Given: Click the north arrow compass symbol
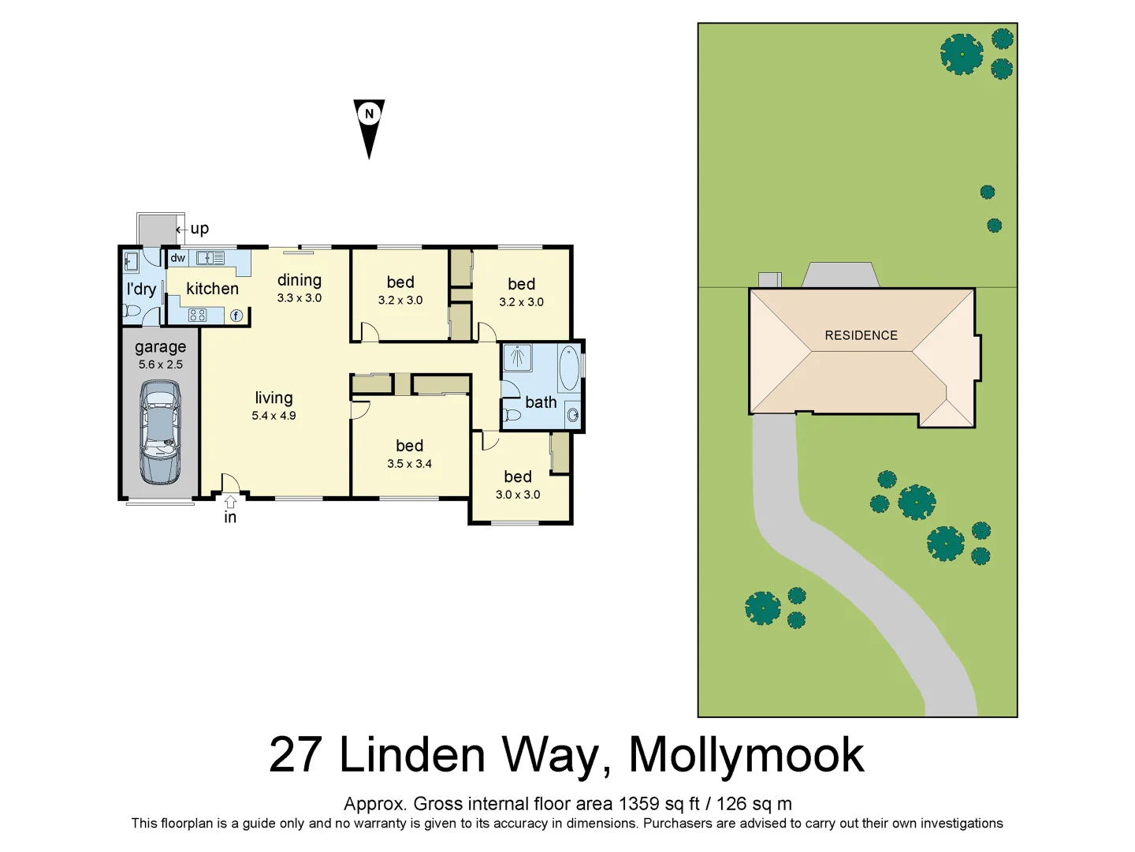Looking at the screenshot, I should pyautogui.click(x=369, y=126).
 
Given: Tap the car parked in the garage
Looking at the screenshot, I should pyautogui.click(x=160, y=432).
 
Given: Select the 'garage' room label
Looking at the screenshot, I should pyautogui.click(x=160, y=347).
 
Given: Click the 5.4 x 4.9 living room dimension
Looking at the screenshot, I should pyautogui.click(x=274, y=416).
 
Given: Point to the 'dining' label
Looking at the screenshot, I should pyautogui.click(x=299, y=280).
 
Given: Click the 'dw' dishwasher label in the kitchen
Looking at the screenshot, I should pyautogui.click(x=178, y=258).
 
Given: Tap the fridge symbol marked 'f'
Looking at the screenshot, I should pyautogui.click(x=236, y=316).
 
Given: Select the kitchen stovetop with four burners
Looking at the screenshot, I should pyautogui.click(x=197, y=316).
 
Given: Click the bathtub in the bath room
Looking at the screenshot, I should pyautogui.click(x=568, y=368).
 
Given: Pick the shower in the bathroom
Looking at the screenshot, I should pyautogui.click(x=517, y=357).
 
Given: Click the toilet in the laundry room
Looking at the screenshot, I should pyautogui.click(x=132, y=311).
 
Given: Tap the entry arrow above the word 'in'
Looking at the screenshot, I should pyautogui.click(x=230, y=502).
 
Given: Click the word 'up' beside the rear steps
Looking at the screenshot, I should pyautogui.click(x=199, y=229).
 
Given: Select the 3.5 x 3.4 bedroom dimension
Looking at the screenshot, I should pyautogui.click(x=409, y=464).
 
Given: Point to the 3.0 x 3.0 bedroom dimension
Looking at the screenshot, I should pyautogui.click(x=518, y=495).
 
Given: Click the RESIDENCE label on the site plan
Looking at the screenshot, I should pyautogui.click(x=861, y=335).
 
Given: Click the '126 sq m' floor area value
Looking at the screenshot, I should pyautogui.click(x=754, y=804).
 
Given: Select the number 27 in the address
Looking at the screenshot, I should pyautogui.click(x=296, y=755).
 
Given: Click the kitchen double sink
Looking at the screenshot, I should pyautogui.click(x=210, y=258).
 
